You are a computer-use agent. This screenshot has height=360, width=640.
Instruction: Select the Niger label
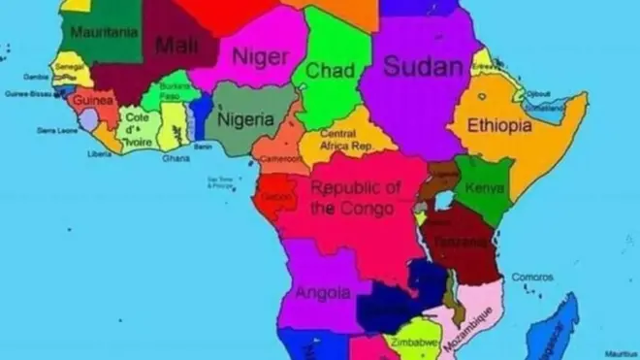click(259, 57)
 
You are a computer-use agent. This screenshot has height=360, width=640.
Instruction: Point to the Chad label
click(329, 71)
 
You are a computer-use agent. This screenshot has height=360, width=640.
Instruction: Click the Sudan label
click(422, 66)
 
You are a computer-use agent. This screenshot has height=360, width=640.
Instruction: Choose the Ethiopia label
click(499, 126)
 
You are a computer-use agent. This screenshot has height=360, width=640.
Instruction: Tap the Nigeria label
click(246, 120)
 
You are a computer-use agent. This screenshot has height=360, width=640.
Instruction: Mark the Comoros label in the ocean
click(532, 277)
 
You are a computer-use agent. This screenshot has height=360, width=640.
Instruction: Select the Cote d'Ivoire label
click(136, 128)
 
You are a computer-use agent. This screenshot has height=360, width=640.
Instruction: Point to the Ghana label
click(176, 157)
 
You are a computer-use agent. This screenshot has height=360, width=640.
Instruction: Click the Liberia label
click(99, 153)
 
